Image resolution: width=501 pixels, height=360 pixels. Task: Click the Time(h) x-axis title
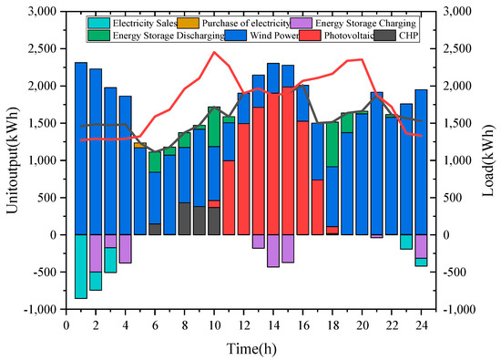251,347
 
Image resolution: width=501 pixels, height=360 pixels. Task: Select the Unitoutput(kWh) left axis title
12,161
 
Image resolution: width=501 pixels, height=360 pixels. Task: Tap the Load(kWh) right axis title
487,161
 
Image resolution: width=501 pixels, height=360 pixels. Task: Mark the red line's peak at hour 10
214,52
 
